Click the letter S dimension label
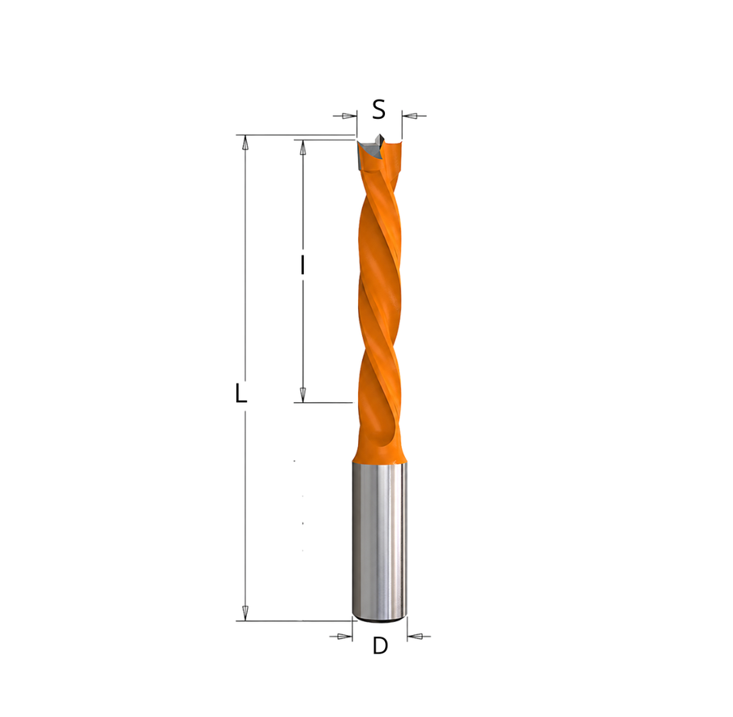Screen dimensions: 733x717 [x=379, y=110]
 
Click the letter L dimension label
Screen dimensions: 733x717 [x=240, y=393]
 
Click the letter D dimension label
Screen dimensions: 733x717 [x=380, y=646]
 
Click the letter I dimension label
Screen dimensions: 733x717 [x=302, y=265]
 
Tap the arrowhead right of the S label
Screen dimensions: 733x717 [x=410, y=116]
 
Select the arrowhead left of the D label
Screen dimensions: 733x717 [x=345, y=636]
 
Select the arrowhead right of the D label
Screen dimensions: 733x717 [x=414, y=636]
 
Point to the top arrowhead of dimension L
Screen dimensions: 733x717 [x=245, y=143]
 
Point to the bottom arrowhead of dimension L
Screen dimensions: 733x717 [x=245, y=613]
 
